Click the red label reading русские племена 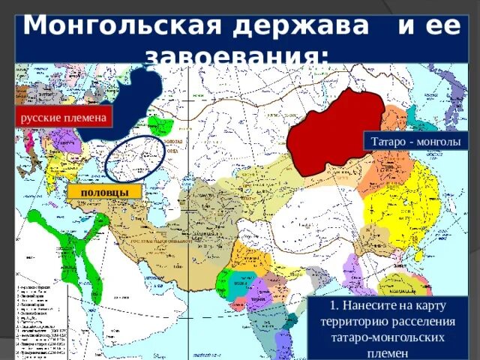click(64, 118)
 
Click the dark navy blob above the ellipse click(139, 97)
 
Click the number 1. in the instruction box click(335, 306)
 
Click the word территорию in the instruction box click(358, 322)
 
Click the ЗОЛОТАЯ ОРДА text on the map click(174, 145)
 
